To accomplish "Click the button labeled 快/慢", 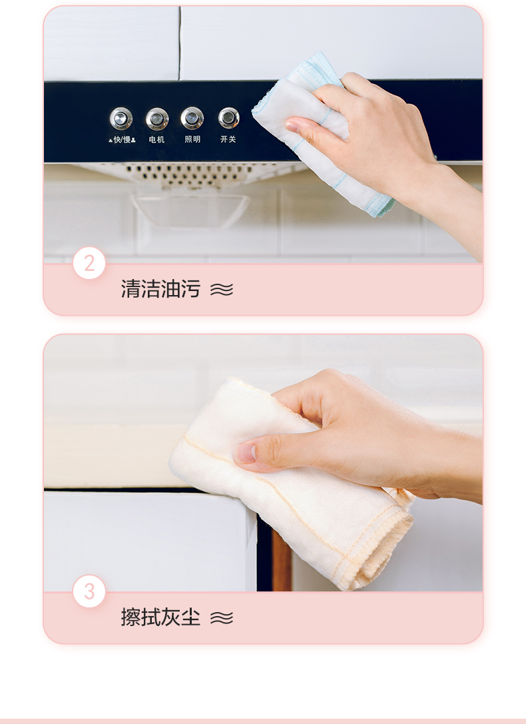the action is click(x=121, y=119).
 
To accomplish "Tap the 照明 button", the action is click(x=192, y=118).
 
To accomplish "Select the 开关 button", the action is click(x=228, y=118).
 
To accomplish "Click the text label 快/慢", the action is click(x=122, y=139).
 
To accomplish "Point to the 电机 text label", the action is click(x=156, y=139).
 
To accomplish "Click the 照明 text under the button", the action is click(x=192, y=139).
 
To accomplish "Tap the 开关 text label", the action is click(x=228, y=139).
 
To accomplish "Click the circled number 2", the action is click(x=89, y=263).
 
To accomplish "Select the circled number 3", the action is click(x=89, y=591).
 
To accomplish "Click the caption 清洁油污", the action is click(x=160, y=289).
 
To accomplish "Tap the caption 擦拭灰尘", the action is click(x=160, y=617).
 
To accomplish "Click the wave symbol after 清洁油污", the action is click(x=222, y=290).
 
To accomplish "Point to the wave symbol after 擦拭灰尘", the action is click(x=222, y=617).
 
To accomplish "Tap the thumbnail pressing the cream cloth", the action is click(x=246, y=453).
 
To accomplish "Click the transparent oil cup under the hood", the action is click(x=190, y=210).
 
